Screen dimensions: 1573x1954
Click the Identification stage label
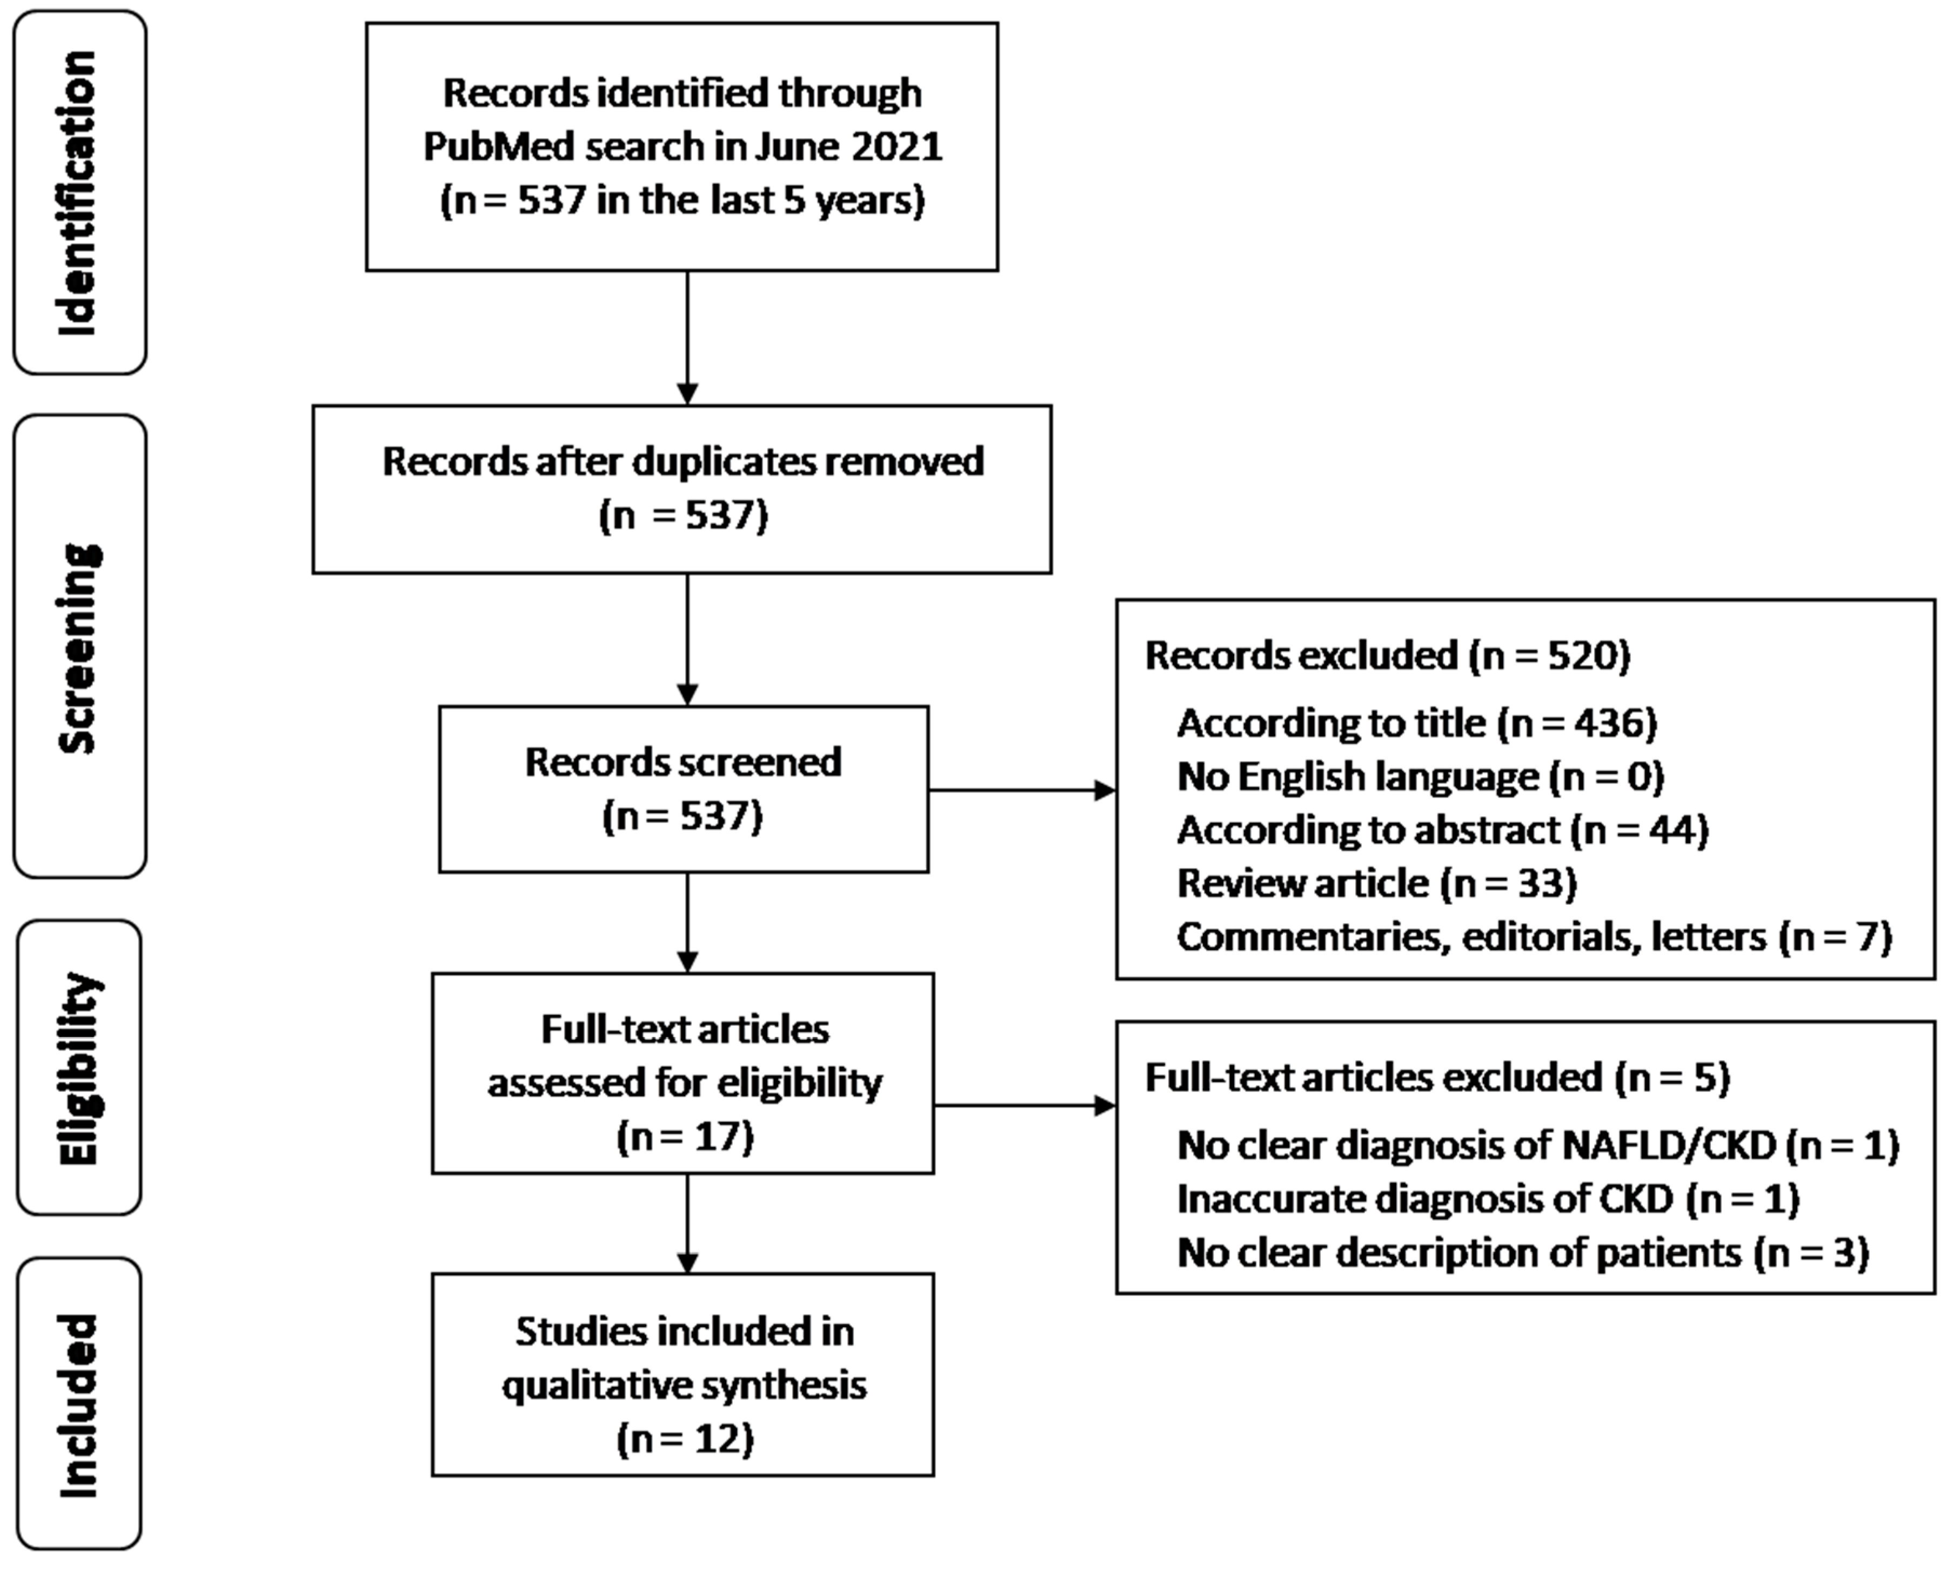[x=78, y=193]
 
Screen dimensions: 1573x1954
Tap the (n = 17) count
[x=684, y=1136]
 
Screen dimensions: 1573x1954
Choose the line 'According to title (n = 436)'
[x=1416, y=723]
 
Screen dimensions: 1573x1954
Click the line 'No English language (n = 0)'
[x=1420, y=777]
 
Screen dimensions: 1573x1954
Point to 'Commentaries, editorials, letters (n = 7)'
[x=1534, y=937]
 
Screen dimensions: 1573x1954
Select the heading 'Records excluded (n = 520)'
[x=1387, y=655]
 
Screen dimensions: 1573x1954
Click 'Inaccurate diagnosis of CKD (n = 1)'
[x=1487, y=1199]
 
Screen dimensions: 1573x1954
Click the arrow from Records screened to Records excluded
[x=1022, y=790]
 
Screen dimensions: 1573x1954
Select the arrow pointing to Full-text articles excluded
[x=1024, y=1105]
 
